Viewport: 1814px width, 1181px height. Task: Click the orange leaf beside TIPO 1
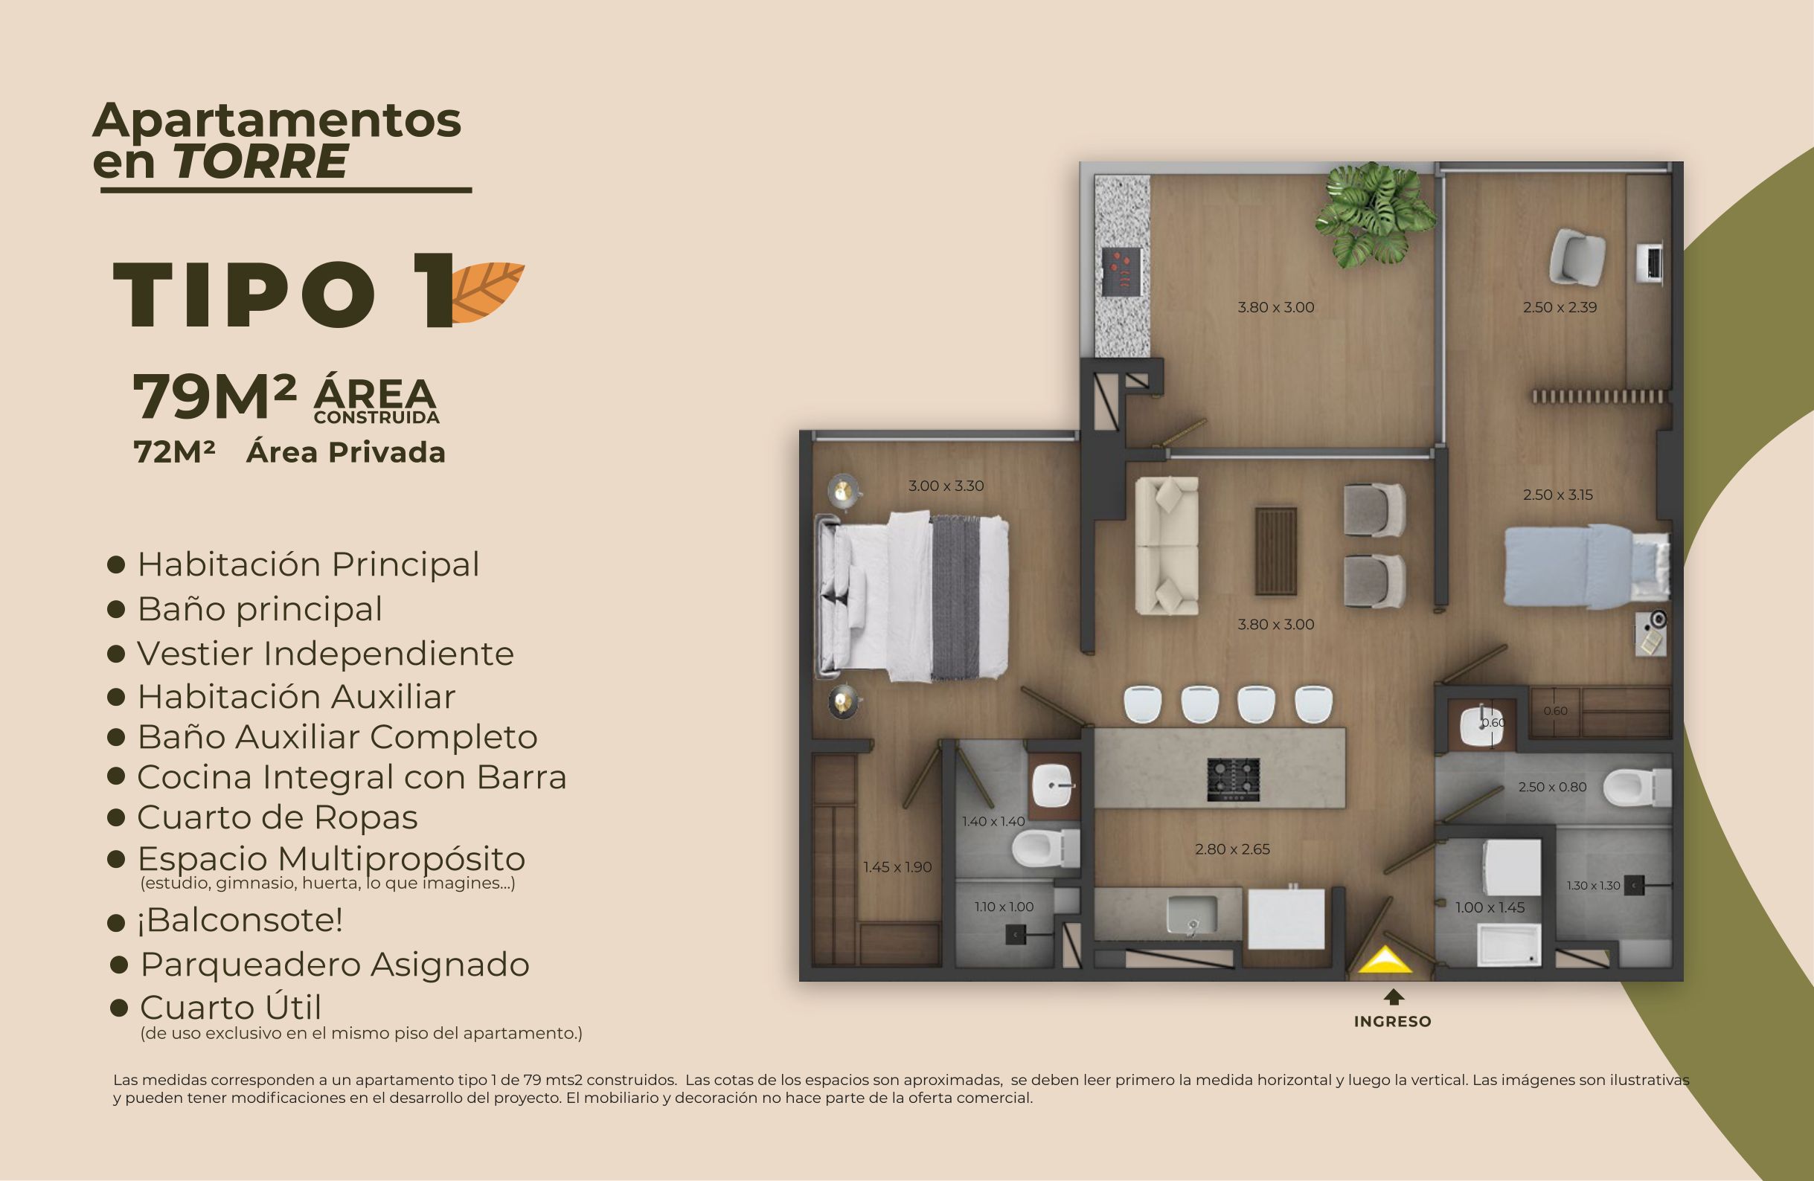click(488, 291)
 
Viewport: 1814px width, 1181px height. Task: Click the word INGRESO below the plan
click(1393, 1022)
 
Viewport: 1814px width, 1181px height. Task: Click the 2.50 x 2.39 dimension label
click(1560, 308)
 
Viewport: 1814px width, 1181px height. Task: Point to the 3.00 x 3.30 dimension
click(946, 486)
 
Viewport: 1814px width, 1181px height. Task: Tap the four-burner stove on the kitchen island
click(1233, 779)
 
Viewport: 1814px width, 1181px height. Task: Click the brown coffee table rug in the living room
click(1276, 551)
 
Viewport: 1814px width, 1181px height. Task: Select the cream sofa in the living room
click(1166, 545)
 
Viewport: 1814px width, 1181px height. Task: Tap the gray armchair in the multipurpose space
click(1577, 258)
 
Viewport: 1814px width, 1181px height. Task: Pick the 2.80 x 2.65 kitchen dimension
click(1232, 849)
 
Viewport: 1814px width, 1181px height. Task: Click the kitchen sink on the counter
click(1192, 913)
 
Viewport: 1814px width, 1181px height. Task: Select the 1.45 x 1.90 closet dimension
click(897, 867)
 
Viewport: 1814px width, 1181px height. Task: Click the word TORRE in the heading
click(260, 161)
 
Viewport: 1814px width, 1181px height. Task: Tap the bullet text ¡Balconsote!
click(240, 921)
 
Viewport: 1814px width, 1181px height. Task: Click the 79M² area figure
click(214, 396)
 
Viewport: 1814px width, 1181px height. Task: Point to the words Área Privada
click(345, 453)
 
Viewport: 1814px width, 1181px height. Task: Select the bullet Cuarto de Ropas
click(278, 817)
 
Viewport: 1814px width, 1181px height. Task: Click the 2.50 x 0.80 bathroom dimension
click(1552, 787)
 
